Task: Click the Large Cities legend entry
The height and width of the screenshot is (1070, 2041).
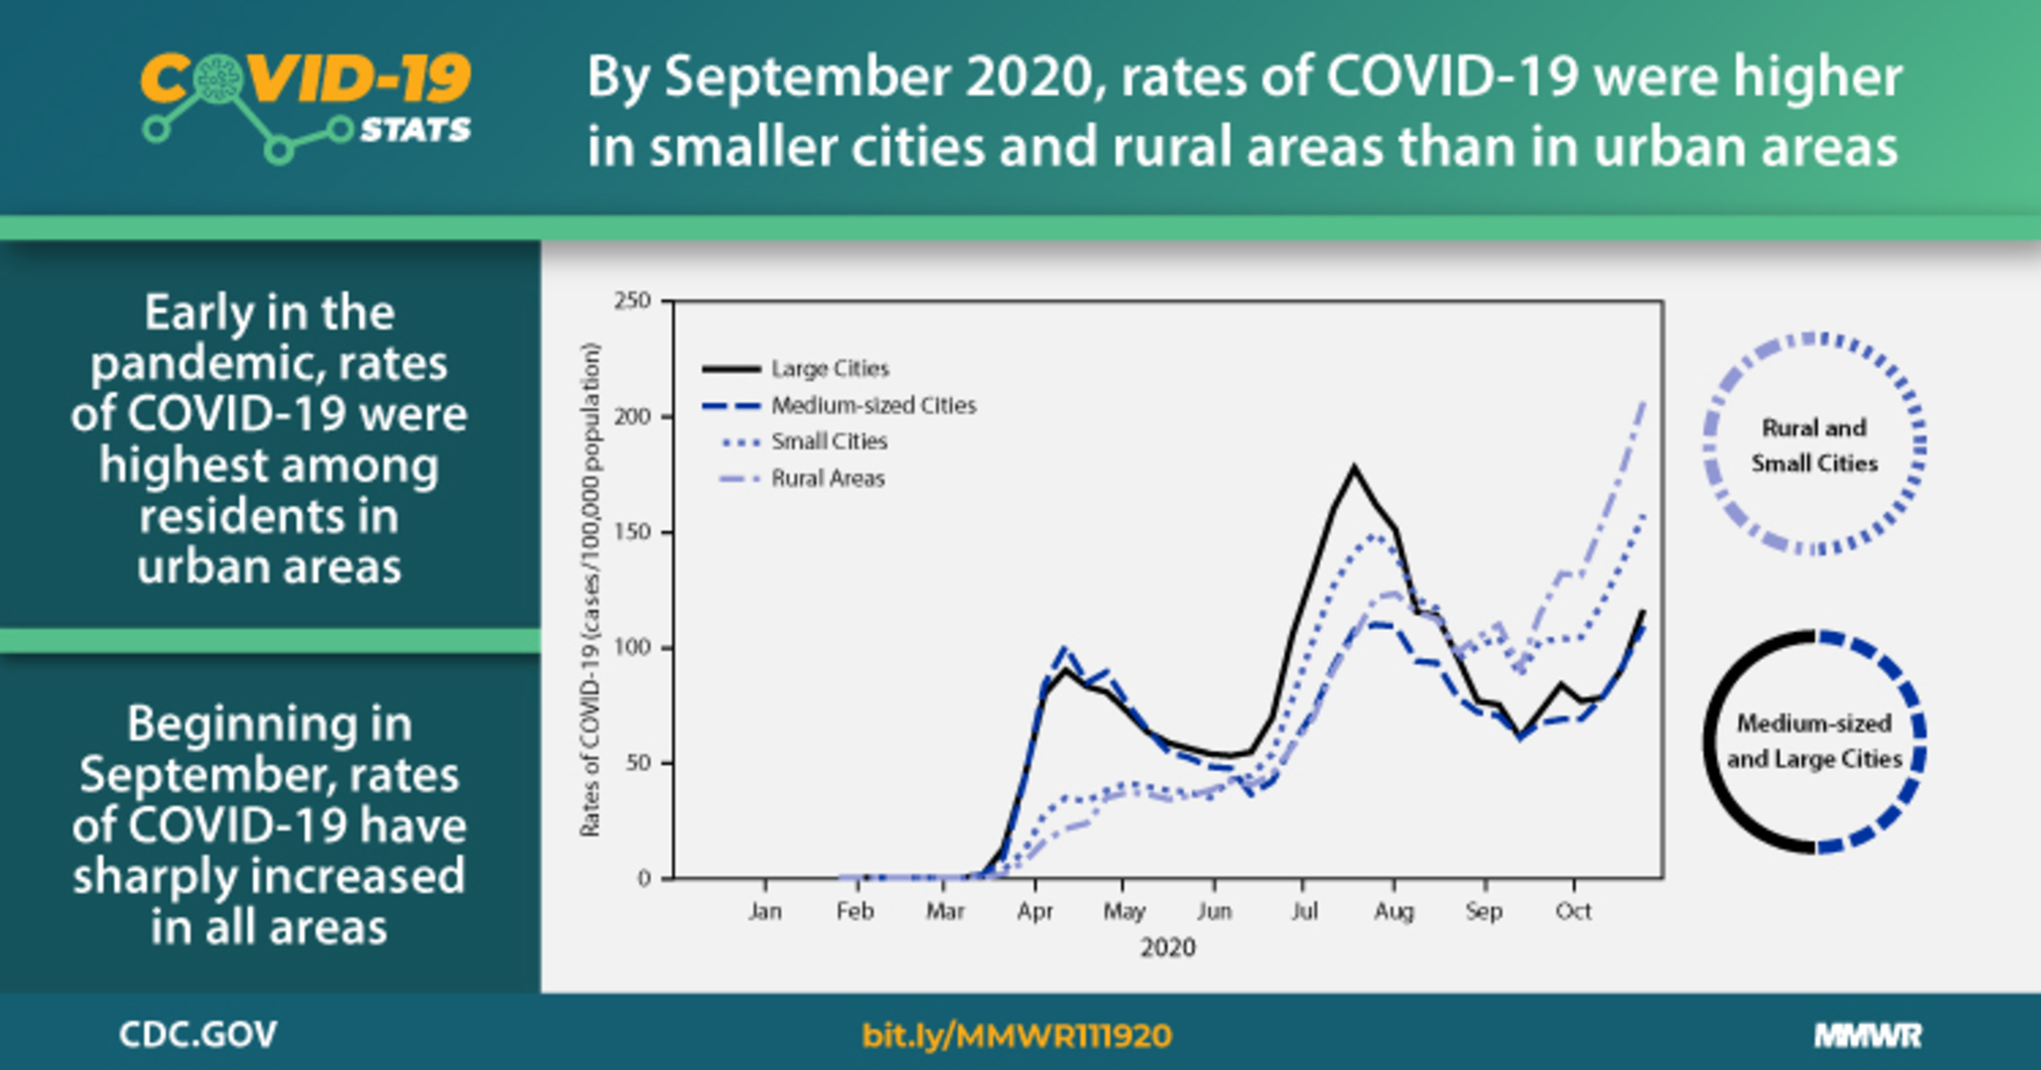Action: [x=829, y=369]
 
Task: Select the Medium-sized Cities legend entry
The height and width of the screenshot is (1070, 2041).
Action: [x=872, y=405]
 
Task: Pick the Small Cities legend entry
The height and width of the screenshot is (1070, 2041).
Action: [x=829, y=441]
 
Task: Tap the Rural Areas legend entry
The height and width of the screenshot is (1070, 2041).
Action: [x=827, y=479]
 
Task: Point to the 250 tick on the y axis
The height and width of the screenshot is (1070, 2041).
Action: [x=632, y=301]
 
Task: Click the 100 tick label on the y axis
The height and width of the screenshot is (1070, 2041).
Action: [x=632, y=647]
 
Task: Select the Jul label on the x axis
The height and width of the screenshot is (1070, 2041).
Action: [x=1304, y=911]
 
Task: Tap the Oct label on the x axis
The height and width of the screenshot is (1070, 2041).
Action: [x=1573, y=911]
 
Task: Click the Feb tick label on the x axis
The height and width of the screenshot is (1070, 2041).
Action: [x=854, y=911]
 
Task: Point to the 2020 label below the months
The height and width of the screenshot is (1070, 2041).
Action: [x=1167, y=948]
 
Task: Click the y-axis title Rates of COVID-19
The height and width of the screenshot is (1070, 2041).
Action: [x=590, y=589]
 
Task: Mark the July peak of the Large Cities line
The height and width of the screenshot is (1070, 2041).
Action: [x=1354, y=466]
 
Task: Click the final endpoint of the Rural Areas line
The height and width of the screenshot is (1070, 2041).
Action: [x=1644, y=403]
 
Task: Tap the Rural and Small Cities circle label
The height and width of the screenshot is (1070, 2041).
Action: [x=1814, y=445]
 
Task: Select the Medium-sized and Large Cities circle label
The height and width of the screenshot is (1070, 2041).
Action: [x=1814, y=741]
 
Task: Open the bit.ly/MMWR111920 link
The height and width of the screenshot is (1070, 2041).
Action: [x=1016, y=1036]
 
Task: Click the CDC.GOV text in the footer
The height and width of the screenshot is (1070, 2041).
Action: [x=197, y=1035]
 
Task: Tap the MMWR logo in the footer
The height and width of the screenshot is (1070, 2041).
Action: [x=1868, y=1036]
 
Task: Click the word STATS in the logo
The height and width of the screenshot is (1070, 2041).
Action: [x=415, y=130]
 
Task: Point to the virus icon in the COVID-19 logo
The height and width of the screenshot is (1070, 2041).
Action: [x=217, y=79]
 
